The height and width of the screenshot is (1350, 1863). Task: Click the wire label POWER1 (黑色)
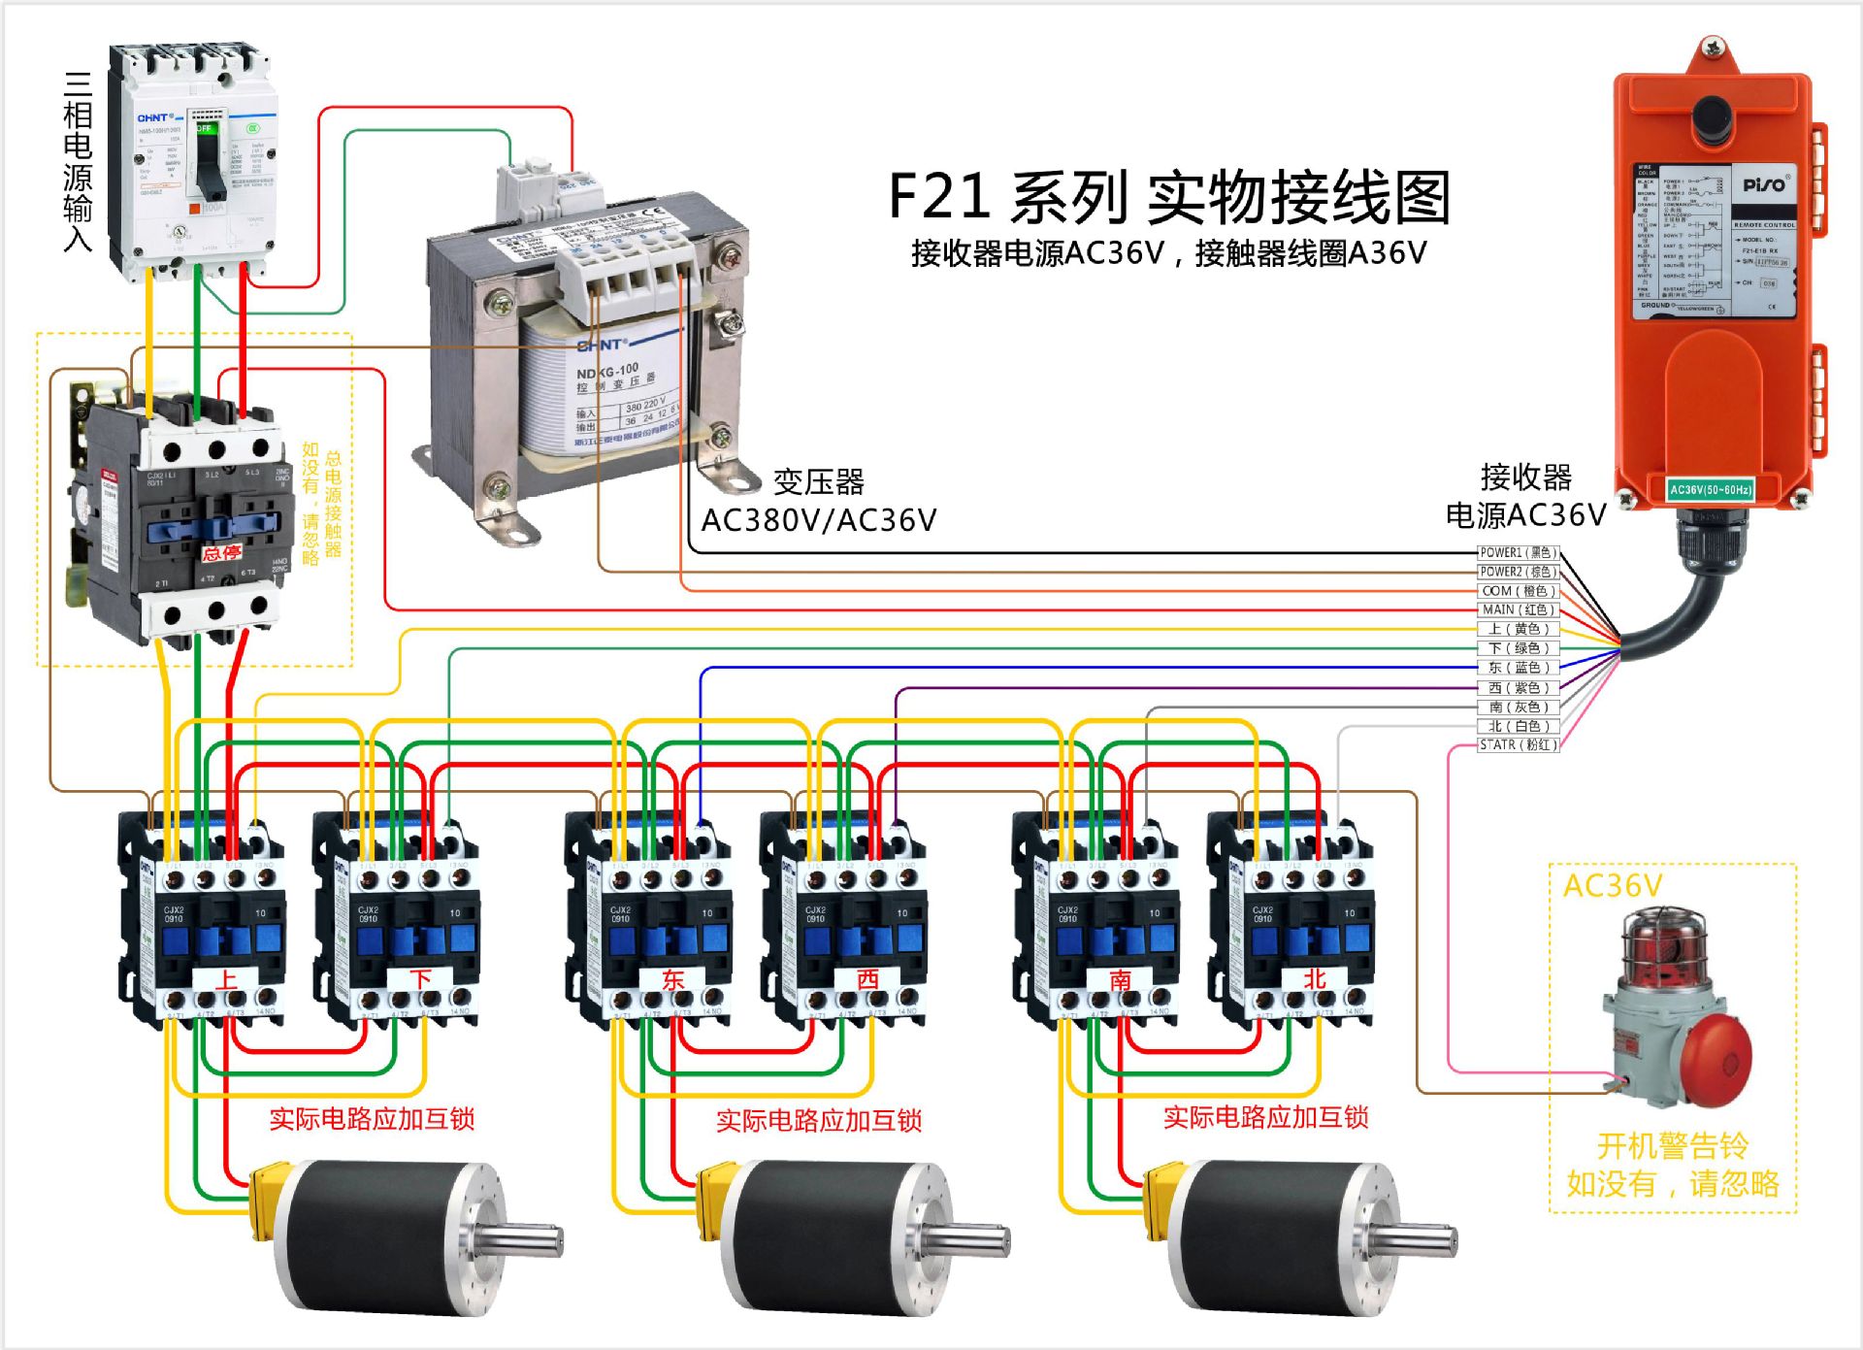tap(1518, 552)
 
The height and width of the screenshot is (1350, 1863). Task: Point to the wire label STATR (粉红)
tap(1518, 745)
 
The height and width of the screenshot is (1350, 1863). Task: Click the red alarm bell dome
tap(1716, 1063)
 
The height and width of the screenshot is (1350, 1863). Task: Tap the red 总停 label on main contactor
tap(221, 553)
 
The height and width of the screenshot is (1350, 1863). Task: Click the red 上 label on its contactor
tap(226, 979)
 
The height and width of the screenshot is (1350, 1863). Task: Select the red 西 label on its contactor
tap(867, 979)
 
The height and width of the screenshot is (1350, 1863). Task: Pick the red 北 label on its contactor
tap(1315, 979)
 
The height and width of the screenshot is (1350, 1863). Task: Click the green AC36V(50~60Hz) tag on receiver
tap(1710, 490)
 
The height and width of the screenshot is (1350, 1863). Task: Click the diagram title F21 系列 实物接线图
tap(1168, 197)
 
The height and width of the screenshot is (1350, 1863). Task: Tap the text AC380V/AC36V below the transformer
tap(818, 520)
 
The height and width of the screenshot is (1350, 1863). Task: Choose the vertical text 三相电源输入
tap(78, 161)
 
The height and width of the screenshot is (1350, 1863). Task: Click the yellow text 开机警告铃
tap(1672, 1146)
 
